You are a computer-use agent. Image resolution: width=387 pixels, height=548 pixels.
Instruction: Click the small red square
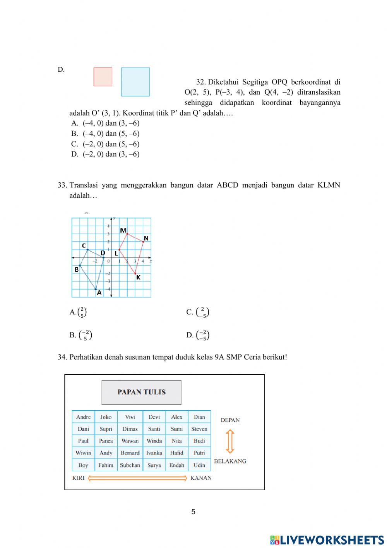point(103,77)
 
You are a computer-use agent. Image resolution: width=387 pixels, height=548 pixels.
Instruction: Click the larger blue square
point(135,82)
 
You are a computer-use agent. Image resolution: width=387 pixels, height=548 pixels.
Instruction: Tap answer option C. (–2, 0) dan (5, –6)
point(105,144)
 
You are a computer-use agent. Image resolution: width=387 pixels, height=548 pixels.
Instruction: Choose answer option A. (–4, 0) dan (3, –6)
point(105,123)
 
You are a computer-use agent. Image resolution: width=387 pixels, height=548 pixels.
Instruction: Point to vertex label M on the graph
point(123,230)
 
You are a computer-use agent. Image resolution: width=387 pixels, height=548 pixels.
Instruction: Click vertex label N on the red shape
point(146,238)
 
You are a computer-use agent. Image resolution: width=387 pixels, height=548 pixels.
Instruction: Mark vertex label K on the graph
point(138,277)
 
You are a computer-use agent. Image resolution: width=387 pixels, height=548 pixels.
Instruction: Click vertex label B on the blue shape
point(77,270)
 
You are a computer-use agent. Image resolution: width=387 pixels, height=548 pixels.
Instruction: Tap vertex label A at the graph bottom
point(99,293)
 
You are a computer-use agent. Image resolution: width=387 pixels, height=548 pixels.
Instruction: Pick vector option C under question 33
point(198,312)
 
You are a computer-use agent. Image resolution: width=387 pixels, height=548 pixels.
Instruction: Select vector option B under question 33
point(81,335)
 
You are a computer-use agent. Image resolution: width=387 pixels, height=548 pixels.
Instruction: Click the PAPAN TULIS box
point(141,392)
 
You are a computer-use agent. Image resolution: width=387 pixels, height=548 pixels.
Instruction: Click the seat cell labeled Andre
point(83,417)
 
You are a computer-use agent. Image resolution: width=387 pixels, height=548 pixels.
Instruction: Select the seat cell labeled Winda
point(154,441)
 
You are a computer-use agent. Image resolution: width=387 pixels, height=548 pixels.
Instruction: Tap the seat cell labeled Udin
point(199,465)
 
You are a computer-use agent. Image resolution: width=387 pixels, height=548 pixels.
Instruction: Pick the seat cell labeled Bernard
point(130,453)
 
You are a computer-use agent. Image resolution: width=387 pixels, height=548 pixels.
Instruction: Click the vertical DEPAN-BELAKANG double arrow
point(230,441)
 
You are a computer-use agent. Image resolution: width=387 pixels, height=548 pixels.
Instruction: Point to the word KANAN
point(201,478)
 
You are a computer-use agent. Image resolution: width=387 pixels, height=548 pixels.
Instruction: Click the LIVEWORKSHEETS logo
point(327,539)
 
